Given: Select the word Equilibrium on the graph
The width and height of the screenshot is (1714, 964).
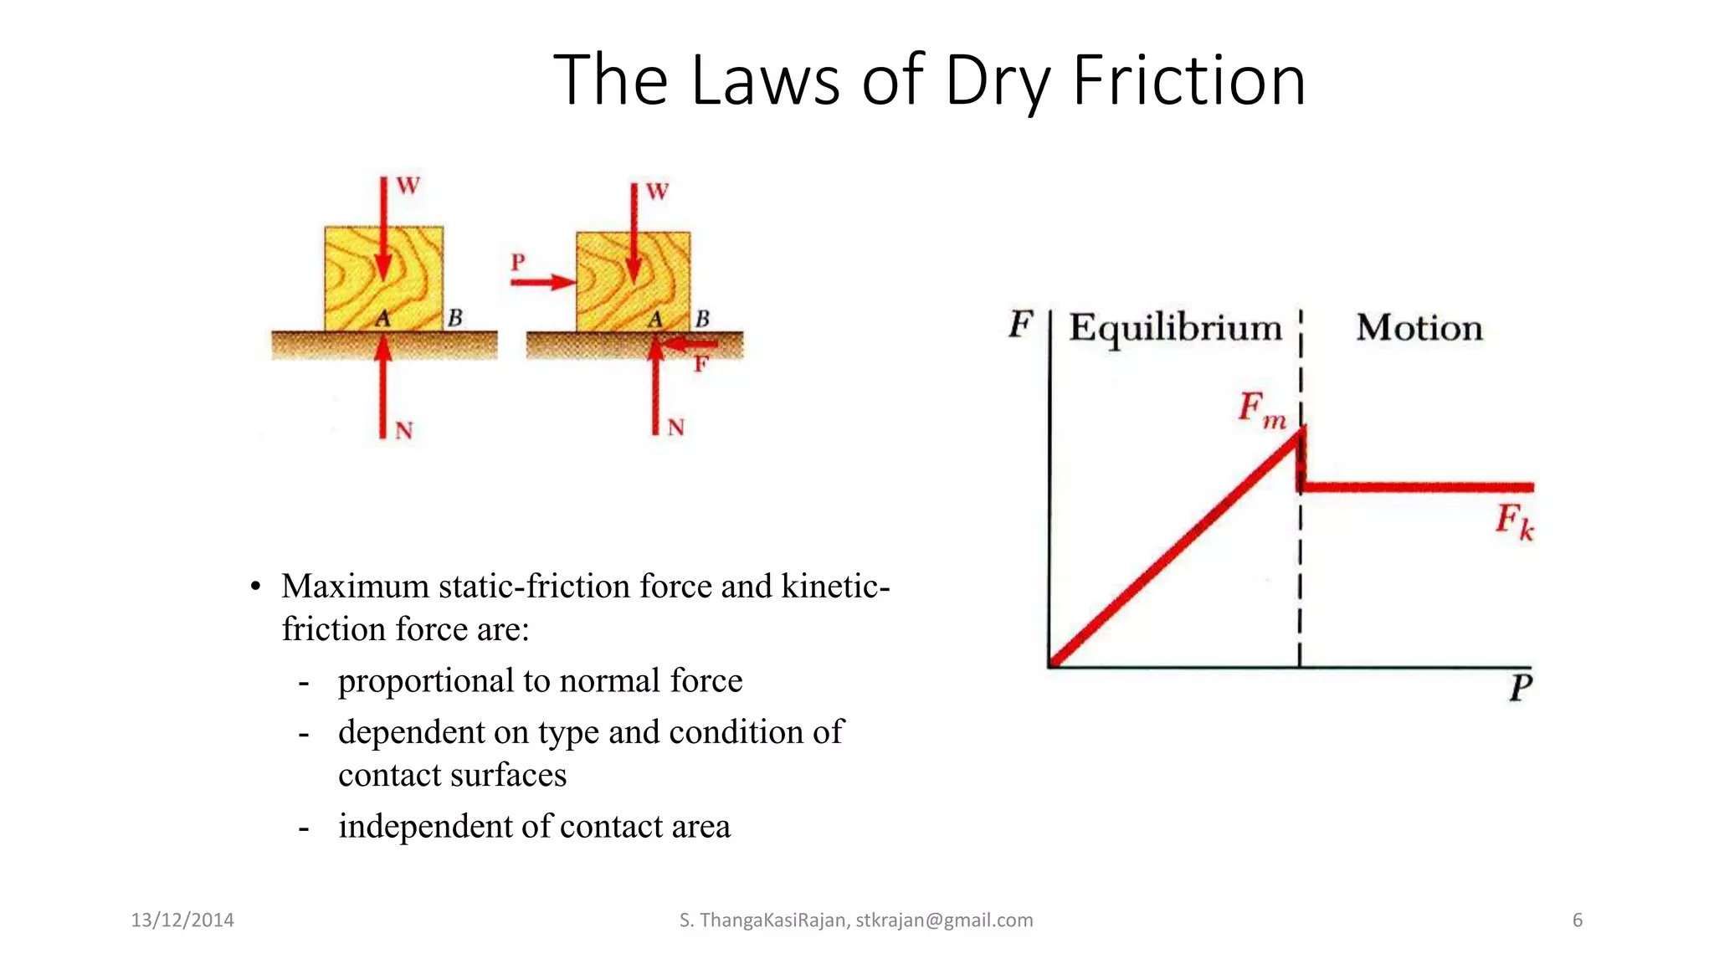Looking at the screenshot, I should [x=1175, y=328].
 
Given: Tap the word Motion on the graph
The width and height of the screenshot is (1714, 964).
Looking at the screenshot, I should [x=1419, y=328].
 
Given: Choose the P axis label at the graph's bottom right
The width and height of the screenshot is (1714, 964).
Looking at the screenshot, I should [x=1521, y=688].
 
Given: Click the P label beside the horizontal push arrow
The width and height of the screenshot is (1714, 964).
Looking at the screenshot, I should [x=518, y=263].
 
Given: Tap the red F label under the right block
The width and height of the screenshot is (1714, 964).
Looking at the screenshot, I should [x=700, y=364].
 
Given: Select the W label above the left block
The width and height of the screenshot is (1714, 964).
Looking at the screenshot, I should [x=408, y=186].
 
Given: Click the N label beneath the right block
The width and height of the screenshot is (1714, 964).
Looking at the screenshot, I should [x=676, y=428].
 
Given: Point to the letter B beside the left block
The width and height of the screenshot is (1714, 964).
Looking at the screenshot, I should [x=455, y=318].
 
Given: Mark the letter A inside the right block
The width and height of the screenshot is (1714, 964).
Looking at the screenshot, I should [x=655, y=319].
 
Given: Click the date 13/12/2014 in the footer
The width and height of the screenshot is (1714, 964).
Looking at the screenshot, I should [x=182, y=920].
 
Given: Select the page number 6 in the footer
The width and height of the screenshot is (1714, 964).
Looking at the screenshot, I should [x=1578, y=920].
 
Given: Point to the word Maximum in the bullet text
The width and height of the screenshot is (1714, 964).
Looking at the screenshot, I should [x=355, y=587].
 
